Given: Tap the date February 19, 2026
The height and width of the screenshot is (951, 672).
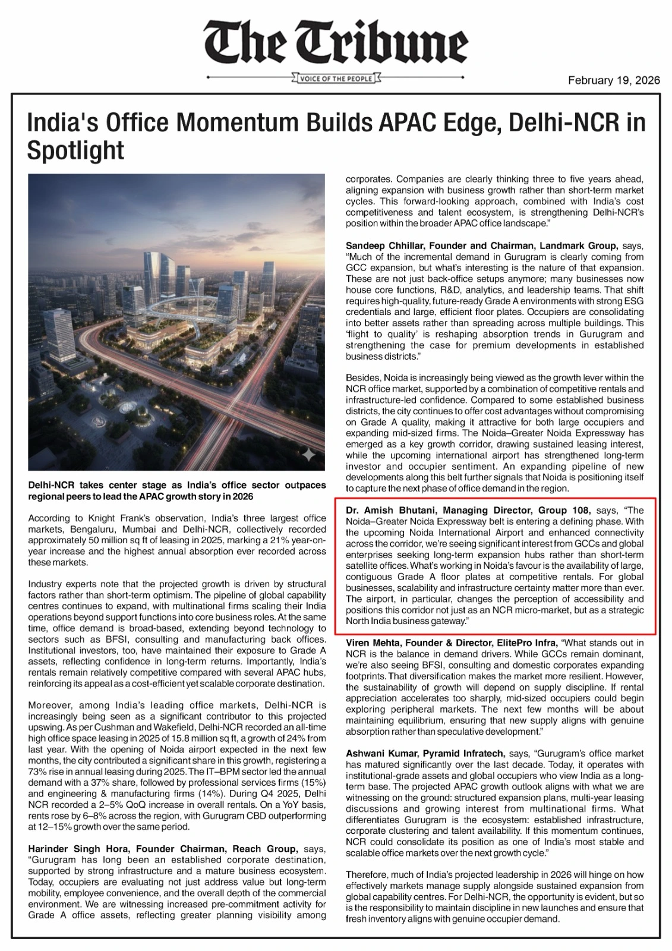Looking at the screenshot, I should (614, 80).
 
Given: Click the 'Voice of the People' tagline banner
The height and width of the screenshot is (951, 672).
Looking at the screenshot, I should (336, 78).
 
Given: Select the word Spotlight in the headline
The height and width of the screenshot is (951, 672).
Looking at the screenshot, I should (76, 150).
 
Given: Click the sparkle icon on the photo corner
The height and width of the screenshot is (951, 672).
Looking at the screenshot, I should (309, 455).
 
